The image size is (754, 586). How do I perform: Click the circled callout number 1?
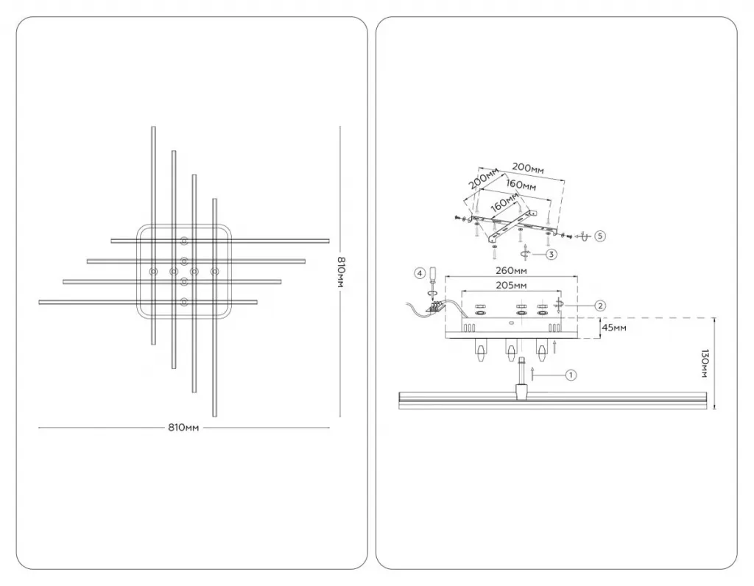pyautogui.click(x=571, y=375)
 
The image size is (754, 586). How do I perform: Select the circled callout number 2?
pyautogui.click(x=599, y=306)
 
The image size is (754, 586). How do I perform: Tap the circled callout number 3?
pyautogui.click(x=551, y=254)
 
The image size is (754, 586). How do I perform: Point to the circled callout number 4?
pyautogui.click(x=420, y=274)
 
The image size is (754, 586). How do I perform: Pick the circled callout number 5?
pyautogui.click(x=599, y=236)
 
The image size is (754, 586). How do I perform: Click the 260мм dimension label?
pyautogui.click(x=511, y=271)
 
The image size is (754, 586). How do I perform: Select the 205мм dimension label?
pyautogui.click(x=511, y=286)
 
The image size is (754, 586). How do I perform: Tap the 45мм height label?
pyautogui.click(x=614, y=328)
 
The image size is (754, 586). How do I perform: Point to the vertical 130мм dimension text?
pyautogui.click(x=705, y=364)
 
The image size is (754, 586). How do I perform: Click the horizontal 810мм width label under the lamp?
pyautogui.click(x=183, y=428)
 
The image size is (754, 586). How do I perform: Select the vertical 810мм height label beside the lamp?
pyautogui.click(x=340, y=272)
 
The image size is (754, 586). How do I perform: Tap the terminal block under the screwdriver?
pyautogui.click(x=436, y=307)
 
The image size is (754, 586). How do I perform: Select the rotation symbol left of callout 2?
pyautogui.click(x=559, y=305)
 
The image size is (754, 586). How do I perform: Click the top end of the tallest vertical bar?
pyautogui.click(x=153, y=127)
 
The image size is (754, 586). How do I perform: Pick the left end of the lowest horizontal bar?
pyautogui.click(x=40, y=303)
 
